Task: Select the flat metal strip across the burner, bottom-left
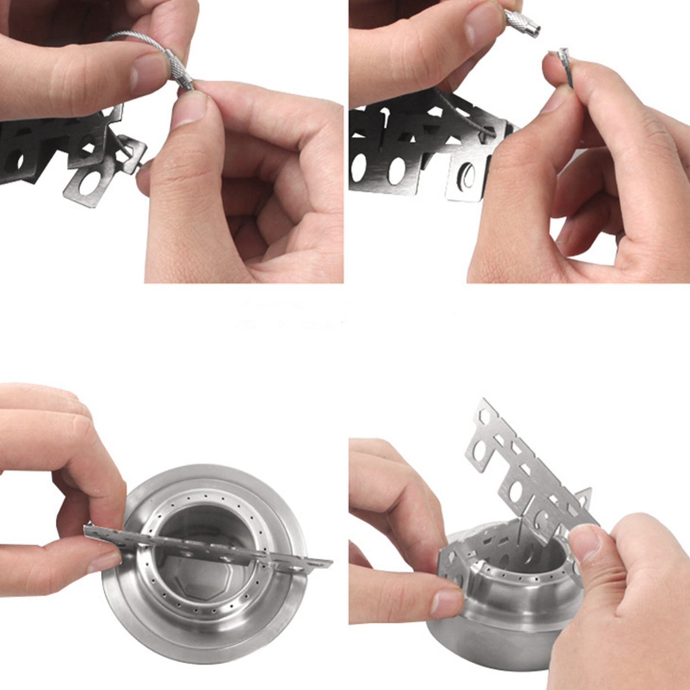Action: (x=207, y=548)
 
